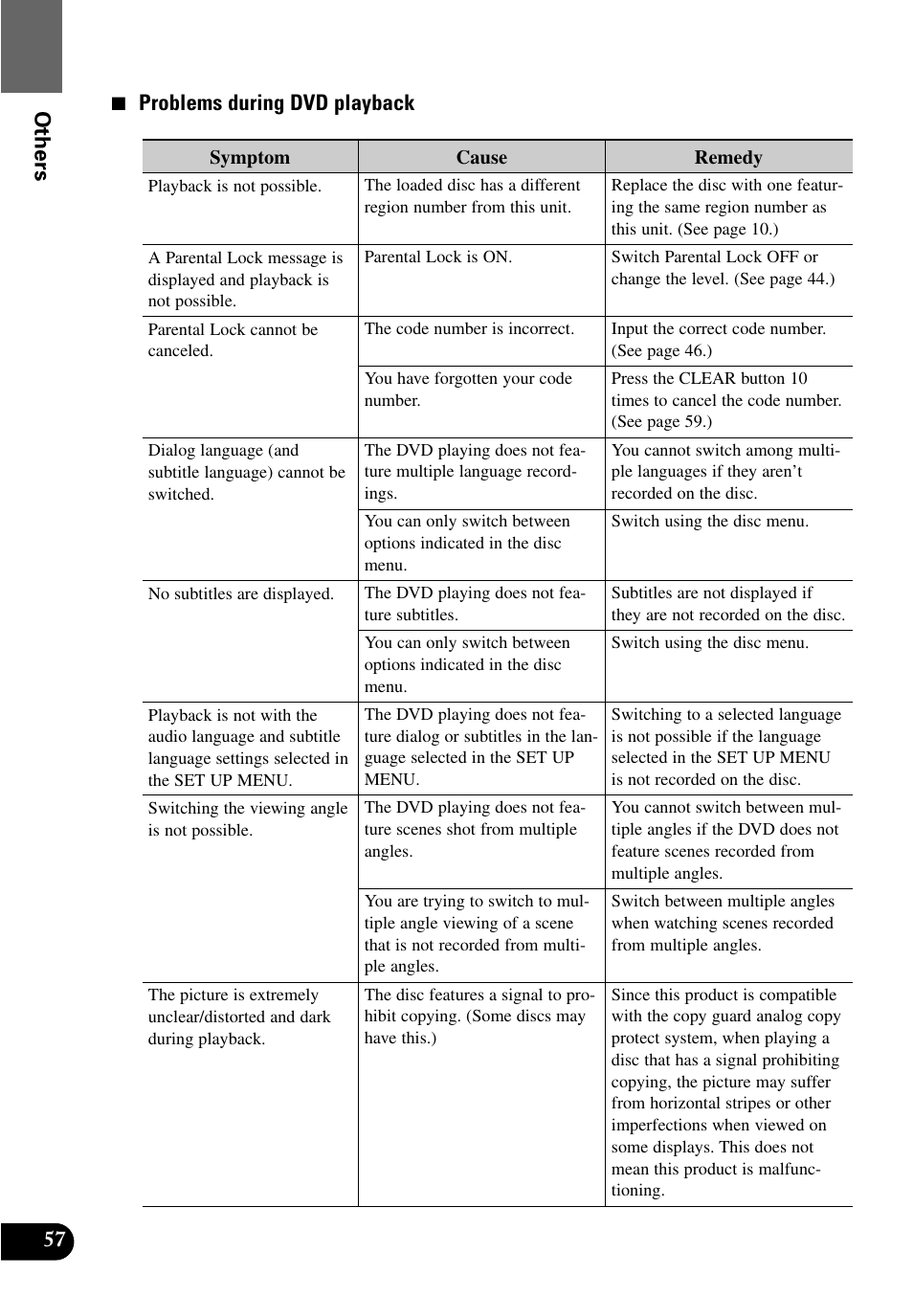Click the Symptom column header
(249, 157)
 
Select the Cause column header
(481, 157)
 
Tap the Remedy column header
(728, 157)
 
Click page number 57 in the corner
(54, 1240)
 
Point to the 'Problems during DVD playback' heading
(276, 103)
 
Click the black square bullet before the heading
(119, 103)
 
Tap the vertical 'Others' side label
(41, 145)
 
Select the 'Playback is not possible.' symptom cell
(234, 186)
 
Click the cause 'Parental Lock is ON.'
(438, 257)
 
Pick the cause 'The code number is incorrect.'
(469, 328)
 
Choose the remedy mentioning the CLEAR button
(726, 400)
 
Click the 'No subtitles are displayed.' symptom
(240, 593)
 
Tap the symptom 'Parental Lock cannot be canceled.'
(233, 340)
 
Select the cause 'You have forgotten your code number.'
(468, 389)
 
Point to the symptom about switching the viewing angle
(247, 818)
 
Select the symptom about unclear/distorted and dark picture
(238, 1017)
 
